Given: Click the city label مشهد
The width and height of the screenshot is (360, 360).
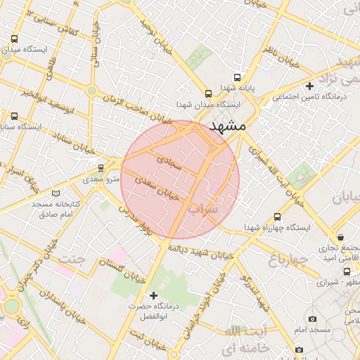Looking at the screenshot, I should [227, 127].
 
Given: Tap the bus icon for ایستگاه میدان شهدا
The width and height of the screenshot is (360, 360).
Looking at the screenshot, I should [207, 93].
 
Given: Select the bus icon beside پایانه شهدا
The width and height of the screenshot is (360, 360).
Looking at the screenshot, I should [237, 77].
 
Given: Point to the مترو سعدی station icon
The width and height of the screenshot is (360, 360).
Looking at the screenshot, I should [101, 168].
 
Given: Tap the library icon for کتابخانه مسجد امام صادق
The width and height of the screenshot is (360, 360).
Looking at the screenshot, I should [56, 193].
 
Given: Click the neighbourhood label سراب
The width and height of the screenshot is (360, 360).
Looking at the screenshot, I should [205, 209].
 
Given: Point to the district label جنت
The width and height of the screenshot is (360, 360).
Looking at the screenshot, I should [72, 258].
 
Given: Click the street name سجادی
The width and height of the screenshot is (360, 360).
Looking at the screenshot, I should [169, 163].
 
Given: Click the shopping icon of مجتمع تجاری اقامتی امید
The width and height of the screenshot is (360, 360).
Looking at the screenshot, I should [341, 238].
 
